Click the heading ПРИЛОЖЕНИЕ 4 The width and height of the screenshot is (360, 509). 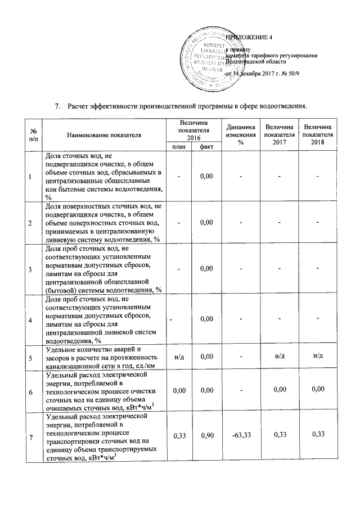point(249,38)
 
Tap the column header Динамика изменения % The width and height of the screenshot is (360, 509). point(240,135)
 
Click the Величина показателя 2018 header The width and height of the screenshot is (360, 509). point(317,135)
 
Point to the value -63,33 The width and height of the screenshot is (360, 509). point(240,434)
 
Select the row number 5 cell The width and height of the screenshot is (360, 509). point(30,357)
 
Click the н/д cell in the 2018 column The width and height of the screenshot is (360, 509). point(317,357)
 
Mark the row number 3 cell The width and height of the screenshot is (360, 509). point(30,268)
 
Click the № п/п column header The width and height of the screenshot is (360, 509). point(30,135)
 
